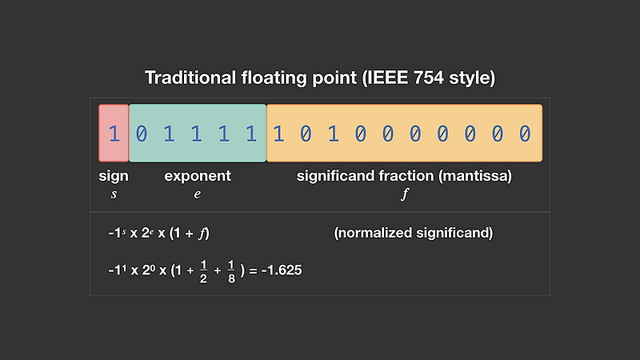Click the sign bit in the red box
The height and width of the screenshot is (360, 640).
click(114, 133)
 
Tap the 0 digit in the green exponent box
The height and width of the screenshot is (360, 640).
click(142, 133)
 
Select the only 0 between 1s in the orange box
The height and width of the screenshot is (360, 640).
click(306, 133)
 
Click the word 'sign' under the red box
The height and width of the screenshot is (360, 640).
click(114, 175)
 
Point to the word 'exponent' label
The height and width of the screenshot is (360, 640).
click(198, 175)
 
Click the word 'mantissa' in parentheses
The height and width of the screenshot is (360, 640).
click(477, 175)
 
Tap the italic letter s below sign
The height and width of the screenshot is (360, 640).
click(114, 194)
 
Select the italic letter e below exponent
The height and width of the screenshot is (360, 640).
click(198, 194)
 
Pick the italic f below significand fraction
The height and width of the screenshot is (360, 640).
click(404, 194)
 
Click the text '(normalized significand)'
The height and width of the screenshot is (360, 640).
click(413, 234)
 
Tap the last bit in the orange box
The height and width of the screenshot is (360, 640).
click(525, 133)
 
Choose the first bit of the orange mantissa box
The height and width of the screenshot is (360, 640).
click(278, 133)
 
